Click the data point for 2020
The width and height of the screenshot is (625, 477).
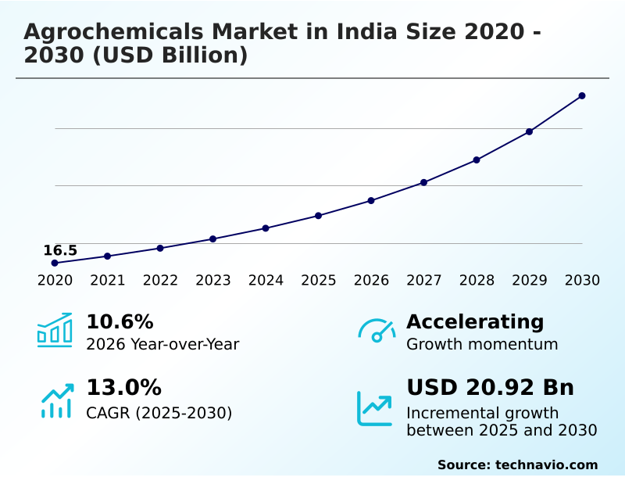coord(55,263)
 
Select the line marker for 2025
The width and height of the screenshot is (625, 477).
coord(319,215)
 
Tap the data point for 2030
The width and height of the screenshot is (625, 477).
coord(582,95)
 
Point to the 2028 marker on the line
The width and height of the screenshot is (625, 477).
coord(477,160)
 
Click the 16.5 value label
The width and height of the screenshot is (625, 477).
coord(60,250)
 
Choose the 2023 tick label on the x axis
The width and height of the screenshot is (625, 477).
coord(212,280)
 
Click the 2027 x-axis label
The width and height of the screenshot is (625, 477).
coord(423,280)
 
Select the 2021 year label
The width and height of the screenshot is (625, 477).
coord(107,280)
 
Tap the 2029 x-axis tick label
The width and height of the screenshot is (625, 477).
coord(529,280)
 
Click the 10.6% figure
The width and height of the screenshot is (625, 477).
coord(120,321)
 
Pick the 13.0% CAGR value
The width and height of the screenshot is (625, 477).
coord(123,387)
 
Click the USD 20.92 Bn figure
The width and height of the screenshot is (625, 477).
coord(490,387)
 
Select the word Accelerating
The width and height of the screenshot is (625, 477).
coord(475,321)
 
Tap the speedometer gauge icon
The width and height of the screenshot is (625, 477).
coord(377,331)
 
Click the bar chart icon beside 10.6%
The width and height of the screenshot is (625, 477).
coord(55,330)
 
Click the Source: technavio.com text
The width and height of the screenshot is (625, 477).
coord(517,464)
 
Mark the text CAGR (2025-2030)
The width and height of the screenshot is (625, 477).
coord(159,413)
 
